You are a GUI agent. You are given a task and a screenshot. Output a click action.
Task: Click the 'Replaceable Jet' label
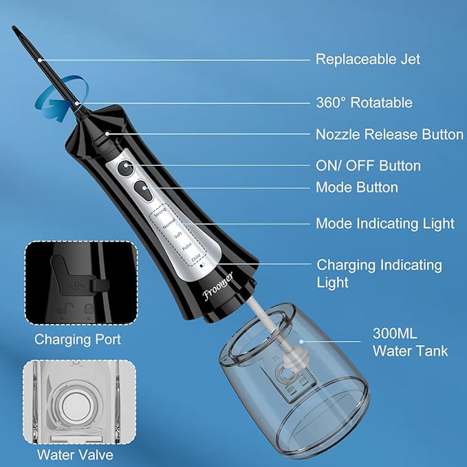pyautogui.click(x=367, y=59)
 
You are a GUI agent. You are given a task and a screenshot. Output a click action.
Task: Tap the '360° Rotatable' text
pyautogui.click(x=364, y=103)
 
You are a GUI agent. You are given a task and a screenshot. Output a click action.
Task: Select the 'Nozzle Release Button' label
pyautogui.click(x=389, y=135)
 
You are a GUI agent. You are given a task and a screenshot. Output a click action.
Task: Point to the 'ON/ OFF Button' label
pyautogui.click(x=367, y=166)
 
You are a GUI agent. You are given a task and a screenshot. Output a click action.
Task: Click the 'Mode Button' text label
pyautogui.click(x=356, y=187)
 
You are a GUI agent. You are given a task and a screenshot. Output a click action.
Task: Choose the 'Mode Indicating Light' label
pyautogui.click(x=384, y=224)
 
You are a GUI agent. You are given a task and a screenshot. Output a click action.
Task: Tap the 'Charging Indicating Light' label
pyautogui.click(x=379, y=273)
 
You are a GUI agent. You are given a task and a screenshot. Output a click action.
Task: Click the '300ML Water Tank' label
pyautogui.click(x=410, y=343)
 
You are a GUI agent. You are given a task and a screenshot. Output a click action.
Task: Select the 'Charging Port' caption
pyautogui.click(x=78, y=339)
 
